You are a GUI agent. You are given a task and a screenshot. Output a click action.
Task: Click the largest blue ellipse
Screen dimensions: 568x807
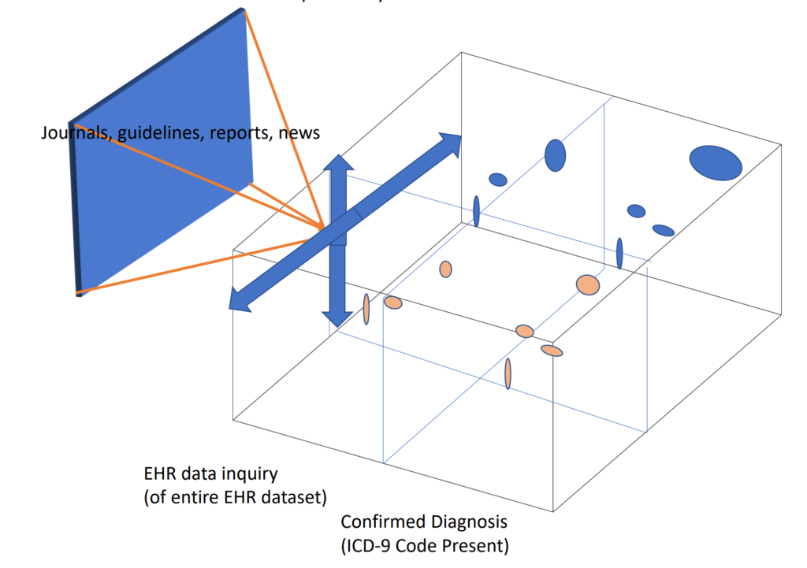coord(716,162)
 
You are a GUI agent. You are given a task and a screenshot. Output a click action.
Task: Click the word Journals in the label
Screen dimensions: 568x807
coord(69,132)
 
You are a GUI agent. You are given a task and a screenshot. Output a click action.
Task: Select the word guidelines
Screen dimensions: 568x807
coord(151,132)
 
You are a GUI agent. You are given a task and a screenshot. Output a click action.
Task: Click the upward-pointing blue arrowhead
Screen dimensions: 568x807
coord(340,164)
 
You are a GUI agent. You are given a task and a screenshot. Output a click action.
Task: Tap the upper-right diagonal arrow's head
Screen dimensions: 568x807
coord(450,143)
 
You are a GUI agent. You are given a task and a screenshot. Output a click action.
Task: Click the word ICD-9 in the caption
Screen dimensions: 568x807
coord(381,544)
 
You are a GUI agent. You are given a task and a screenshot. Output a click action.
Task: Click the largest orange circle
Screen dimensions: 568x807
coord(588,284)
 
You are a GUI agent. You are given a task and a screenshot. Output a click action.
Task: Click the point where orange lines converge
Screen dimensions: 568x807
coord(323,228)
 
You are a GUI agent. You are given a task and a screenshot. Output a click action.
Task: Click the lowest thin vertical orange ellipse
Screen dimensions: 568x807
coord(508,373)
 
